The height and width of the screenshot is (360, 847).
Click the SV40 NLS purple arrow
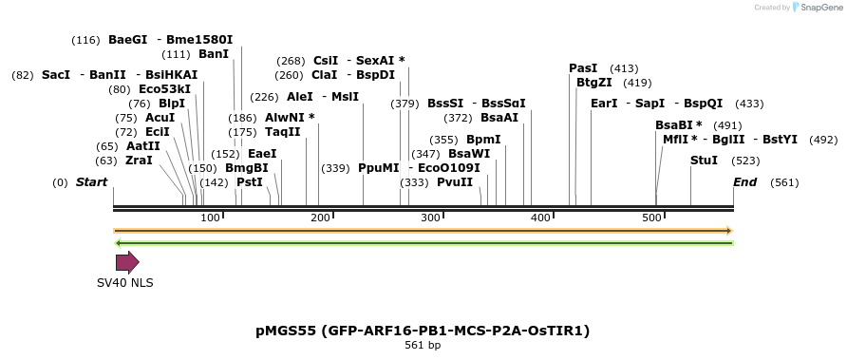tap(127, 262)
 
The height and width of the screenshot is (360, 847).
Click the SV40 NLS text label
tap(124, 283)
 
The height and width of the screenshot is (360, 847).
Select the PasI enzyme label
tap(583, 68)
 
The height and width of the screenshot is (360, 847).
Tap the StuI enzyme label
tap(704, 161)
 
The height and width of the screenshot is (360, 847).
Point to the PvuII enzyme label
tap(454, 182)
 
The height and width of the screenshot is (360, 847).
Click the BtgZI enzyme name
tap(594, 83)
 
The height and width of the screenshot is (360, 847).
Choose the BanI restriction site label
tap(214, 54)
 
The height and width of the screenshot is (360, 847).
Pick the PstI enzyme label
tap(250, 182)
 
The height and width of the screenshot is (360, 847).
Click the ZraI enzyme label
tap(139, 161)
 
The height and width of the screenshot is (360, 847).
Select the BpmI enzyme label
tap(483, 140)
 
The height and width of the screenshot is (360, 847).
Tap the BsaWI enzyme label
tap(469, 154)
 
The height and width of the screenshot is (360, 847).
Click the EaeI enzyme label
tap(262, 154)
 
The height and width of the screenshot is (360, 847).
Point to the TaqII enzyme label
tap(283, 132)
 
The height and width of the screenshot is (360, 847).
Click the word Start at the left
tap(91, 182)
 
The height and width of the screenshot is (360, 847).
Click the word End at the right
tap(744, 182)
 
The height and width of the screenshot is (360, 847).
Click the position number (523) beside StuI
tap(746, 161)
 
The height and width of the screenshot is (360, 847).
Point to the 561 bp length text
tap(423, 345)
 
